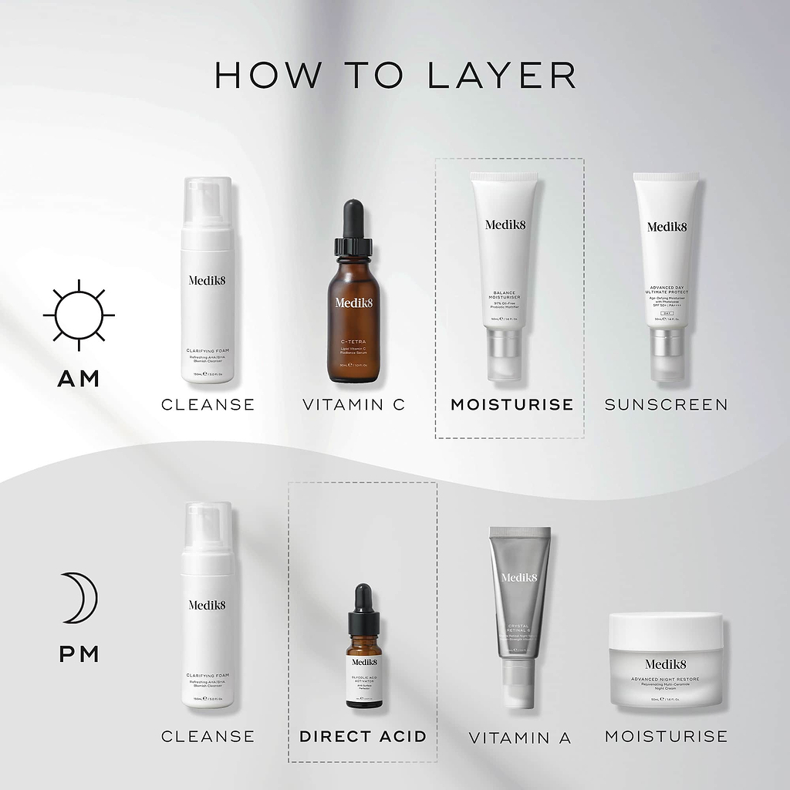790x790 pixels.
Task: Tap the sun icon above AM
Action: tap(79, 315)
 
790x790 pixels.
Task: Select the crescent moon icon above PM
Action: tap(80, 598)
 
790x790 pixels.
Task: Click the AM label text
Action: tap(79, 378)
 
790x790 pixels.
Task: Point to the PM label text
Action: tap(79, 654)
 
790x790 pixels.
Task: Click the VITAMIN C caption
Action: tap(353, 404)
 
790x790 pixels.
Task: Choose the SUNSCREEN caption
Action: tap(666, 404)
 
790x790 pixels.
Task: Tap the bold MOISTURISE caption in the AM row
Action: tap(511, 404)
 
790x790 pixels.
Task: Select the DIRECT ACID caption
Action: tap(363, 736)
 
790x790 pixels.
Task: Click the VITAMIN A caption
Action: tap(520, 738)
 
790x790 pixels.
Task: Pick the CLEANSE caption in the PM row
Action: tap(208, 736)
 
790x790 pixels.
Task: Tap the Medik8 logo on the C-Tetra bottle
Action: tap(354, 302)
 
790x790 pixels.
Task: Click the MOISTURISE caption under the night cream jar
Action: tap(666, 736)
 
